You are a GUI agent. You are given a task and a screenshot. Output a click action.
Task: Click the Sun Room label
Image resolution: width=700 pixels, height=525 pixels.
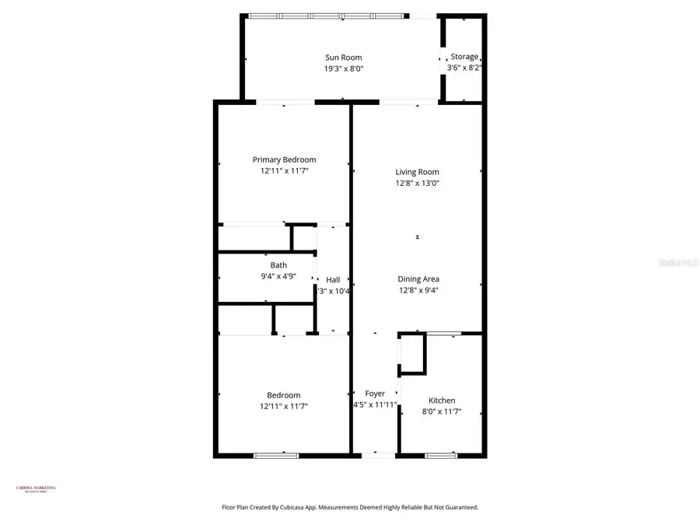(343, 58)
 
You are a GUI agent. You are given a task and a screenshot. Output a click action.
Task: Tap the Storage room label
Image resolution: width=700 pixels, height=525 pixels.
(464, 57)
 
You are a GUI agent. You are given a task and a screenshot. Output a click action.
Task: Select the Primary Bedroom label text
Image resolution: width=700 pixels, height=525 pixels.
(284, 159)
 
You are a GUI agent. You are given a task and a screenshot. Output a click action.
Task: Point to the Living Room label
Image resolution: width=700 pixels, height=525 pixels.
(417, 172)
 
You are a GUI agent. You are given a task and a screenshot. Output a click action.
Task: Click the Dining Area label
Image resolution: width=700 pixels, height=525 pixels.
(418, 279)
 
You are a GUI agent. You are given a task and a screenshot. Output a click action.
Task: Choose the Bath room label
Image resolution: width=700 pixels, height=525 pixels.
(278, 265)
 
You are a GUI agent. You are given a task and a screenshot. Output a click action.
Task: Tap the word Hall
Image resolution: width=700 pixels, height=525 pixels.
(333, 280)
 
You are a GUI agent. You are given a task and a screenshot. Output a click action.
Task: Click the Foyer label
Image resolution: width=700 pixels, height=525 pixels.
(375, 394)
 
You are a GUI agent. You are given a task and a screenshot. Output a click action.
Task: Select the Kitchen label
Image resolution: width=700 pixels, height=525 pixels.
(442, 401)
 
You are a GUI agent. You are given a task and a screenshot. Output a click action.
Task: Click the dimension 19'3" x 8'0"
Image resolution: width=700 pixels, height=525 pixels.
(344, 68)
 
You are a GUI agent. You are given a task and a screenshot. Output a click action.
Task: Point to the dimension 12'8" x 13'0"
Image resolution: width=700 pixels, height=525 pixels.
(417, 184)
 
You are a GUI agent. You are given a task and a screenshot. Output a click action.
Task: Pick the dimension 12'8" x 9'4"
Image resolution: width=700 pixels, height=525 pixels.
(418, 290)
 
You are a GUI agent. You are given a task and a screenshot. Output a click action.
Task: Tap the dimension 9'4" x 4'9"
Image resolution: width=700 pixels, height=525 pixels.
(278, 276)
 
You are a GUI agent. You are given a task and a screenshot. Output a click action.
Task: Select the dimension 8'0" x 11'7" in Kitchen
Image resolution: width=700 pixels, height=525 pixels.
(442, 411)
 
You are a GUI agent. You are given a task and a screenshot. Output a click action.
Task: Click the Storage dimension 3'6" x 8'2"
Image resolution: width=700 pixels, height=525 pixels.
(464, 68)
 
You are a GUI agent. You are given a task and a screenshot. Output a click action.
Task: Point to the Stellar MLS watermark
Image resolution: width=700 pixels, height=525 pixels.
(677, 264)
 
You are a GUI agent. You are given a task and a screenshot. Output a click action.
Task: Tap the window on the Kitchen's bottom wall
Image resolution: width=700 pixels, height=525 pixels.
(440, 456)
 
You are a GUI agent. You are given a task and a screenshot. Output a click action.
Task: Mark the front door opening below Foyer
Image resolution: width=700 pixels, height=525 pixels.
(378, 455)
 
